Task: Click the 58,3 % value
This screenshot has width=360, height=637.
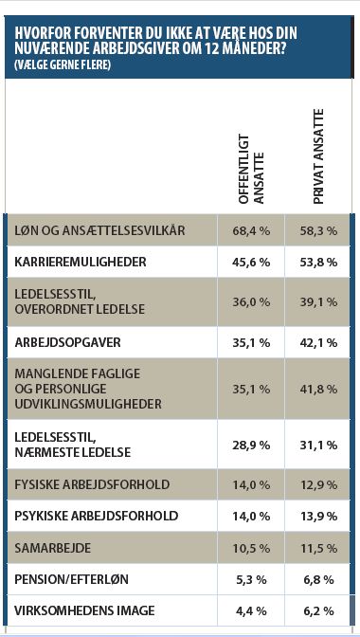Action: click(x=319, y=230)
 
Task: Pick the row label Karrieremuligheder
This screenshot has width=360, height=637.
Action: click(x=81, y=261)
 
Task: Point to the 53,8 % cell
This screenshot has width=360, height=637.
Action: click(x=319, y=261)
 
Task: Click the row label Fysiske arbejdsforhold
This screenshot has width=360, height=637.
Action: click(x=92, y=484)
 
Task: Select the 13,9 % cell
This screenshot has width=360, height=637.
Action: click(x=319, y=517)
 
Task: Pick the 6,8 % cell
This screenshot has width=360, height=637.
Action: click(x=319, y=578)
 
